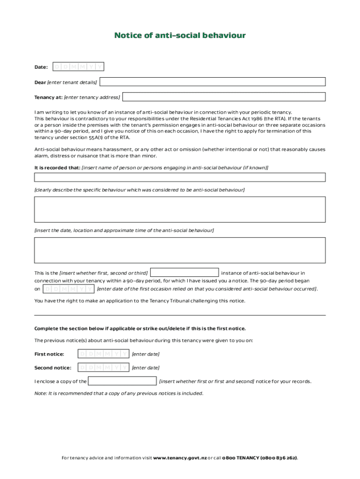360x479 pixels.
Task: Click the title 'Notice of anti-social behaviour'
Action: pos(180,36)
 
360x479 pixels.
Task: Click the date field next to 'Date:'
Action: pos(78,67)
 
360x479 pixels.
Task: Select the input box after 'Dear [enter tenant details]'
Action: pos(213,82)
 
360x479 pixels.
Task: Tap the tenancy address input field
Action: pos(224,97)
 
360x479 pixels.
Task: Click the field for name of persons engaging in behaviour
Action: pos(180,177)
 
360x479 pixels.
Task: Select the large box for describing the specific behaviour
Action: pos(180,209)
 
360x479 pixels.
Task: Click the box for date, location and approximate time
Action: pos(180,250)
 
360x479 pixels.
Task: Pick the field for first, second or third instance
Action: pos(185,272)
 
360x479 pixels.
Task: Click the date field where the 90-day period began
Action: pos(68,289)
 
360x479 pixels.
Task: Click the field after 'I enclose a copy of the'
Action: pos(122,381)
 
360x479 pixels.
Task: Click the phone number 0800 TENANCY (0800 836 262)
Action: pos(259,457)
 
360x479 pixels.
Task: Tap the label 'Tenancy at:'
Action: pos(48,97)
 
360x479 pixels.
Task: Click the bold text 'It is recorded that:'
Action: pos(57,167)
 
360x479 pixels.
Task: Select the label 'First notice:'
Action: pos(49,354)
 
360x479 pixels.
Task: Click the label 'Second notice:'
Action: pos(53,368)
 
